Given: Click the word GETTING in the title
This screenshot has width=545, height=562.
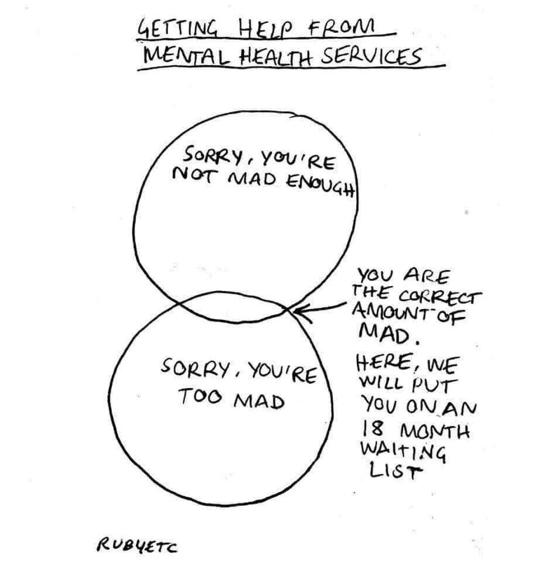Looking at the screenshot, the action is tap(171, 29).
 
